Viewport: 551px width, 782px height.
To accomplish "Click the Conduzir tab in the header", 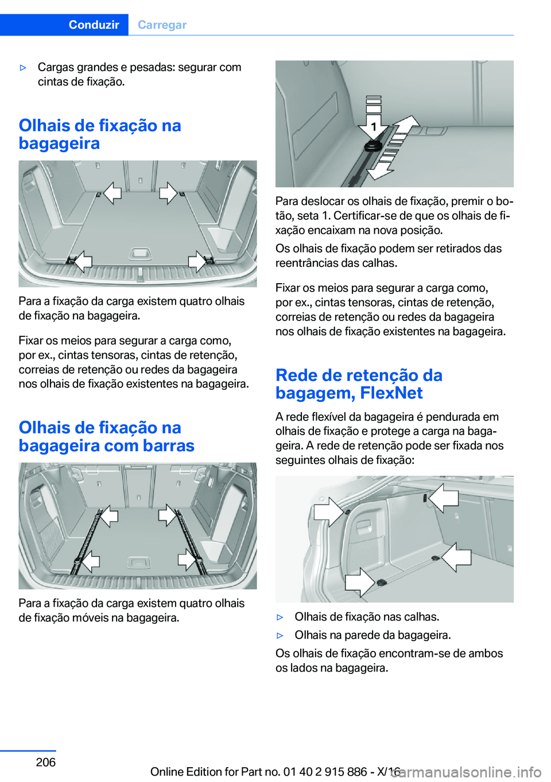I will click(x=94, y=25).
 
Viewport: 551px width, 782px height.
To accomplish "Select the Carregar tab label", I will click(x=162, y=25).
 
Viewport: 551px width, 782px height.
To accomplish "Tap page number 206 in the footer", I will click(x=45, y=762).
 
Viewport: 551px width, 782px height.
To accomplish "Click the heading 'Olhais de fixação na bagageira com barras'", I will click(x=106, y=436).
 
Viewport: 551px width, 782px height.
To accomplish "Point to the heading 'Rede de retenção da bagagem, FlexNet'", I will click(x=359, y=384).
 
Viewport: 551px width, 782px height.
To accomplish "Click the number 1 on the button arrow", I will click(x=373, y=126).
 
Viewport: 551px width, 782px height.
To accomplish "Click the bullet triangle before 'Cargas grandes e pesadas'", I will click(x=24, y=68).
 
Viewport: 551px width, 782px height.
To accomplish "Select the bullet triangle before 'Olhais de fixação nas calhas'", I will click(x=280, y=617).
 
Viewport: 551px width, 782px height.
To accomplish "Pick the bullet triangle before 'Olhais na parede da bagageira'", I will click(x=280, y=636).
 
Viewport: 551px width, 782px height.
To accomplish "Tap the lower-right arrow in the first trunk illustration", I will click(x=197, y=261).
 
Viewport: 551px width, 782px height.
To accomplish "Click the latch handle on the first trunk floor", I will click(x=139, y=253).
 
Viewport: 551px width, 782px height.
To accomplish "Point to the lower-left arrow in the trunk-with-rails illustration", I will click(x=89, y=560).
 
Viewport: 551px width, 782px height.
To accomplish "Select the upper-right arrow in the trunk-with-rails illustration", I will click(x=168, y=515).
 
